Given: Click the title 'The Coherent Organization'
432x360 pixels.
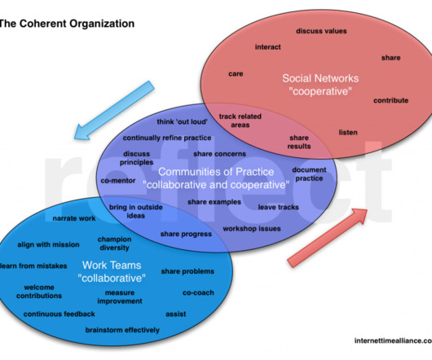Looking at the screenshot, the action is pos(67,24).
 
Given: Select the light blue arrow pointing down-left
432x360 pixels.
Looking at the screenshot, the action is pos(114,111).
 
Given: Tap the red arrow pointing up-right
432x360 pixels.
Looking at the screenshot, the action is pos(328,238).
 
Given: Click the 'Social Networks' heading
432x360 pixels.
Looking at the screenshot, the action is pos(320,78).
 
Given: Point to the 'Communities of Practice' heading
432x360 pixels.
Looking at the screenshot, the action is pos(216,172).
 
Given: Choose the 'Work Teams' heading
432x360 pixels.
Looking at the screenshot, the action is pos(112,266).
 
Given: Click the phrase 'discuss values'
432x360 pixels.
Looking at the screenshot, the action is pos(321,31).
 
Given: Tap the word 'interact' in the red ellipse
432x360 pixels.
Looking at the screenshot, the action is pos(268,47).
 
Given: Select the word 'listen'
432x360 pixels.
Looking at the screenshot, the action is pos(348,133).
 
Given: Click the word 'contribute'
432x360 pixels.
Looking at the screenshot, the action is pos(390,100).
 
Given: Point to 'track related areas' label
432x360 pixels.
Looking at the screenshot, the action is pos(240,121).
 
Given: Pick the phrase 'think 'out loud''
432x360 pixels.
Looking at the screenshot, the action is pos(182,122).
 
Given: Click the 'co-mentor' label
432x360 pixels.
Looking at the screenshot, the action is pos(118,181).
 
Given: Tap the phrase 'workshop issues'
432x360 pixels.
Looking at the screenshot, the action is pos(252,229).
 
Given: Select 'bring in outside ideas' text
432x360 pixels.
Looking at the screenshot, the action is pos(136,212).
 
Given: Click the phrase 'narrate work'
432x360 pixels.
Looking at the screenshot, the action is pos(74,218).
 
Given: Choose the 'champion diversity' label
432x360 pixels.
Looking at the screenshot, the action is pos(114,244).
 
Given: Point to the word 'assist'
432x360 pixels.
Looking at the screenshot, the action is pos(176,314).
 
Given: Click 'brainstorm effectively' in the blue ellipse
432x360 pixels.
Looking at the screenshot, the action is pos(122,330).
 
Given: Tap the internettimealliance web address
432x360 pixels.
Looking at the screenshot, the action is pos(393,340).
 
